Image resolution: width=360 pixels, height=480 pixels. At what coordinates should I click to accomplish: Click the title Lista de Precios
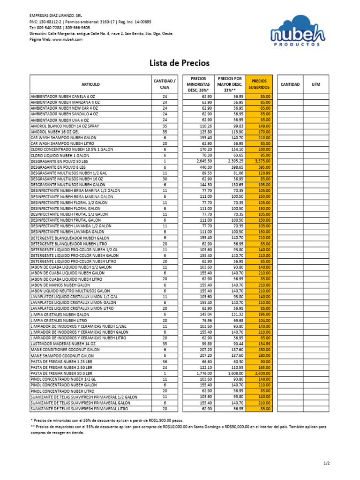pos(180,63)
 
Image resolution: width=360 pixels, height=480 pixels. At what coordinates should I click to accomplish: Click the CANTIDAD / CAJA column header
pos(165,84)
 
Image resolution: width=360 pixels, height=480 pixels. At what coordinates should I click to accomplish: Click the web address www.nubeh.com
pos(67,39)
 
